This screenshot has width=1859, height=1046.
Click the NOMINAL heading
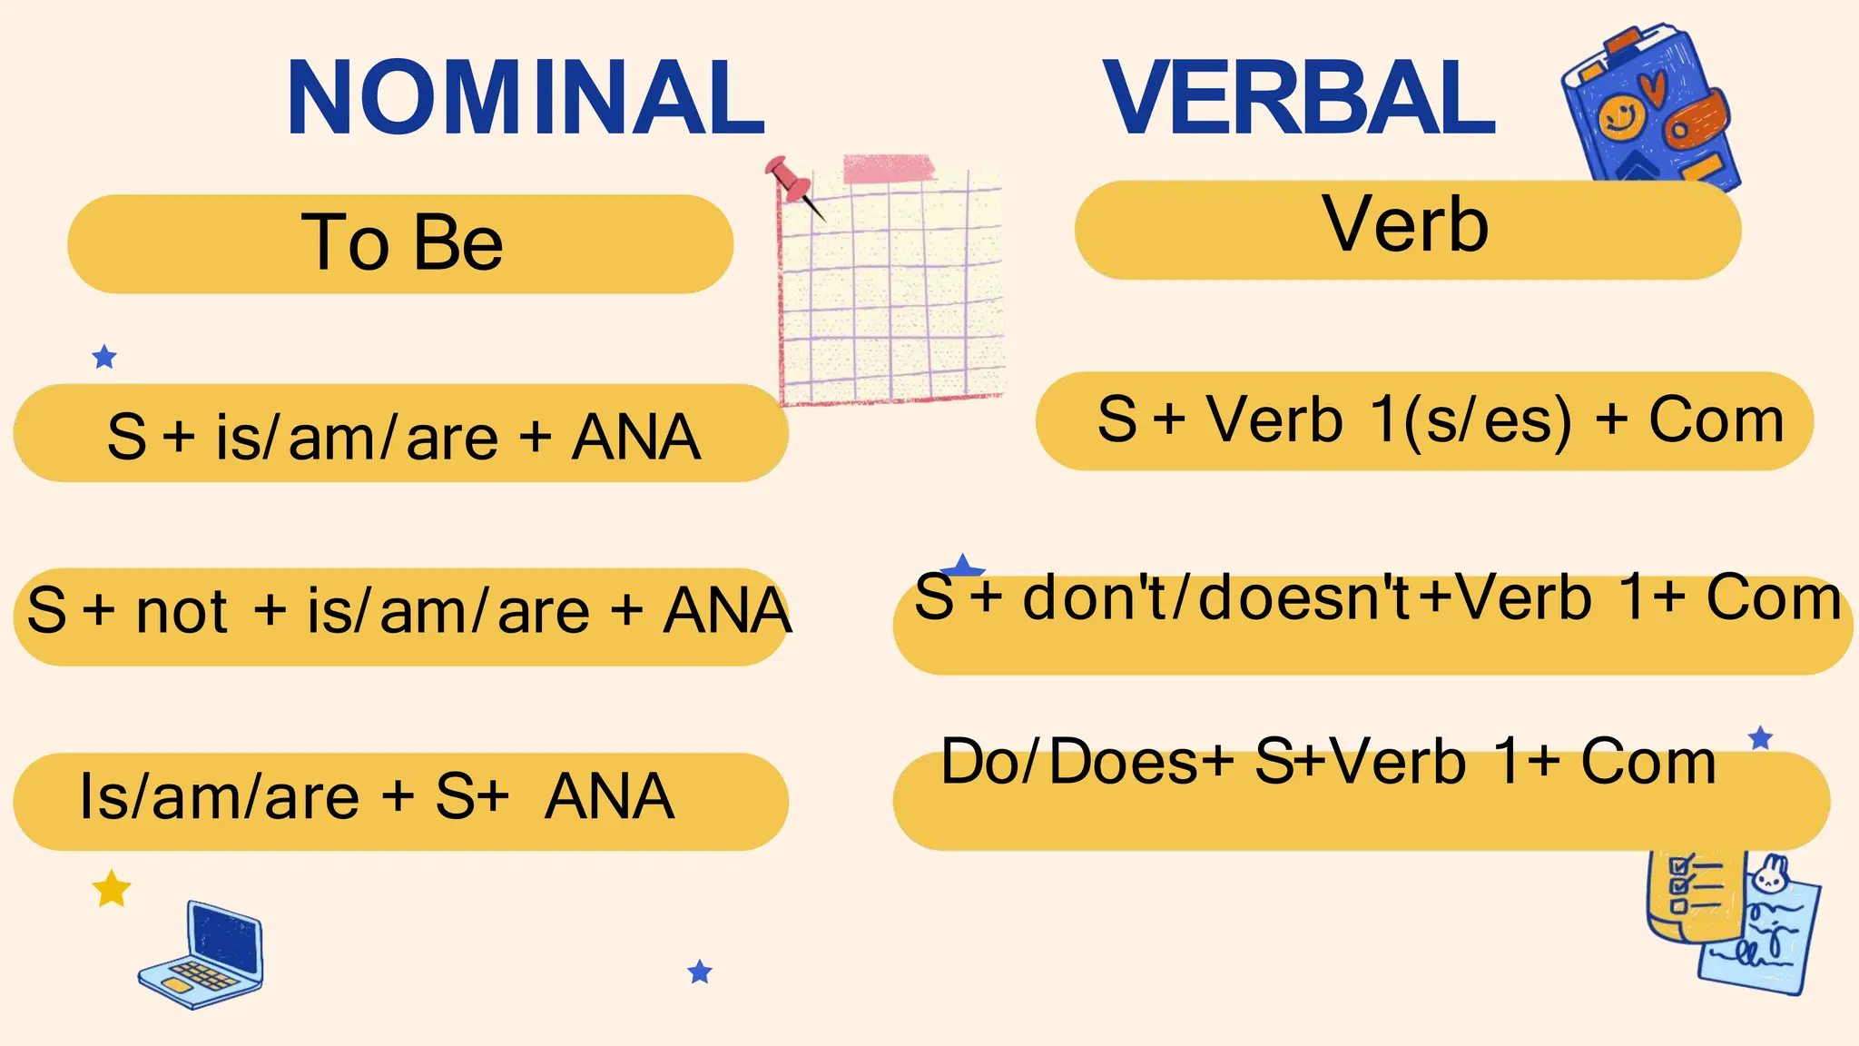(526, 97)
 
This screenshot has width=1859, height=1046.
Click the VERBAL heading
(1299, 97)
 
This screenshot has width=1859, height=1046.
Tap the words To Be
(402, 242)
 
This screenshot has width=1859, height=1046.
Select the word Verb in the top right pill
(1405, 224)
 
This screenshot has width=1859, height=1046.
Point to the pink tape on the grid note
(889, 169)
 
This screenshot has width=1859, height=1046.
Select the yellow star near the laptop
(112, 889)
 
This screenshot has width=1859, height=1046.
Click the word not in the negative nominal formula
(182, 611)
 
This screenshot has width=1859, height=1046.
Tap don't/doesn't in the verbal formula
(1216, 598)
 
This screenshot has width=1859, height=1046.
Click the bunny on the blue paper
(1770, 873)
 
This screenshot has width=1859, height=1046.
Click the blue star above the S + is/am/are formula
(104, 357)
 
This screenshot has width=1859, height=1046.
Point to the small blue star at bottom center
(700, 972)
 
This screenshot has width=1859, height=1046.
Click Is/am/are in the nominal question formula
(218, 796)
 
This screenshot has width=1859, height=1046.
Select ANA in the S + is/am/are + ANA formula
(635, 438)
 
